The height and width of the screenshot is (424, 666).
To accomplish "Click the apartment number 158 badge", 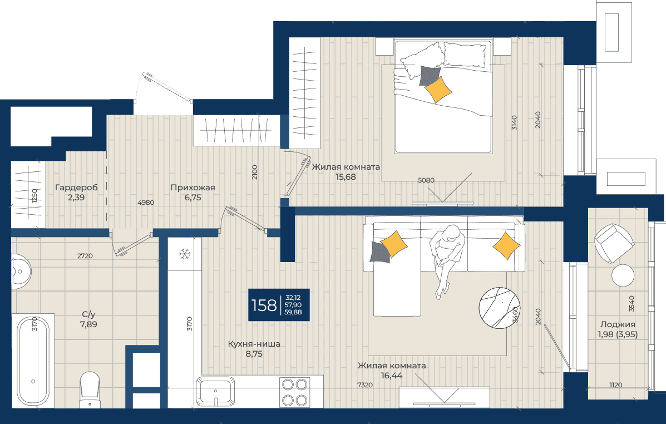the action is [x=279, y=304].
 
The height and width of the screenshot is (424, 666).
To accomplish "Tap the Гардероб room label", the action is [x=76, y=188].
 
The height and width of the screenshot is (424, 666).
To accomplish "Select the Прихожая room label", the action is [x=193, y=188].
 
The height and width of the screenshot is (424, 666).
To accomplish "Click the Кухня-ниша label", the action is [x=254, y=344].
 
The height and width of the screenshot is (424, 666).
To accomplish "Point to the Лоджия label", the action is [x=618, y=324].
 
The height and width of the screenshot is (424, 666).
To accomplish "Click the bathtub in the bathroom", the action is [x=33, y=361].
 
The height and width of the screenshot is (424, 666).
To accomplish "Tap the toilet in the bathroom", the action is [x=90, y=389].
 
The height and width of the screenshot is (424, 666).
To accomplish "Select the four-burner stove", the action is [x=295, y=392].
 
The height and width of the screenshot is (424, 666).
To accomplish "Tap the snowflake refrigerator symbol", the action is [x=184, y=254].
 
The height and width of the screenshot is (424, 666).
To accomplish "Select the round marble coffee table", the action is [x=500, y=308].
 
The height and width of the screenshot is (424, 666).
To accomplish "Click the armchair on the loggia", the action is [x=614, y=244].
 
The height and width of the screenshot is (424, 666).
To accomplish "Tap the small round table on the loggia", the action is [x=623, y=275].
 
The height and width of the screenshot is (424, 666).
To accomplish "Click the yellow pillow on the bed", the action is [x=438, y=89].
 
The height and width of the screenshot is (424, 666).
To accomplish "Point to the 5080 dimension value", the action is [x=426, y=180].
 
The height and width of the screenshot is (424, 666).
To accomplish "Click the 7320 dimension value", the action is [x=365, y=385].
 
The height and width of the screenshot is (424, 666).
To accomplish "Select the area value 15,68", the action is [x=346, y=177].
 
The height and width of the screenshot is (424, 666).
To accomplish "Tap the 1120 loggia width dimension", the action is [x=615, y=385].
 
